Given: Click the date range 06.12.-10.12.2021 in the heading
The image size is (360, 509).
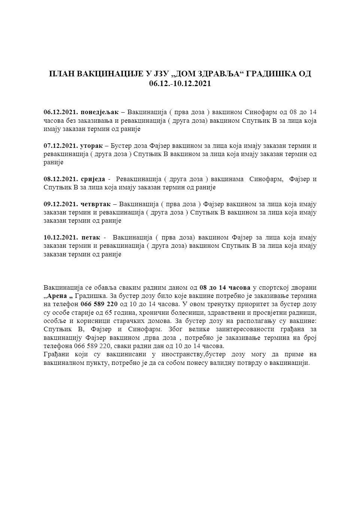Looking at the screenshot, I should pos(180,83).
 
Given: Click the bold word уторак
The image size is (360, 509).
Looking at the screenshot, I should pos(91,146).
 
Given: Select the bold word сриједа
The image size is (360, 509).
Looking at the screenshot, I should pos(93,179).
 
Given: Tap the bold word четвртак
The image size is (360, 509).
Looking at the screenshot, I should pos(95,204).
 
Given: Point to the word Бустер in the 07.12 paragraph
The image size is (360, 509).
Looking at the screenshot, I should pos(120,146).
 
